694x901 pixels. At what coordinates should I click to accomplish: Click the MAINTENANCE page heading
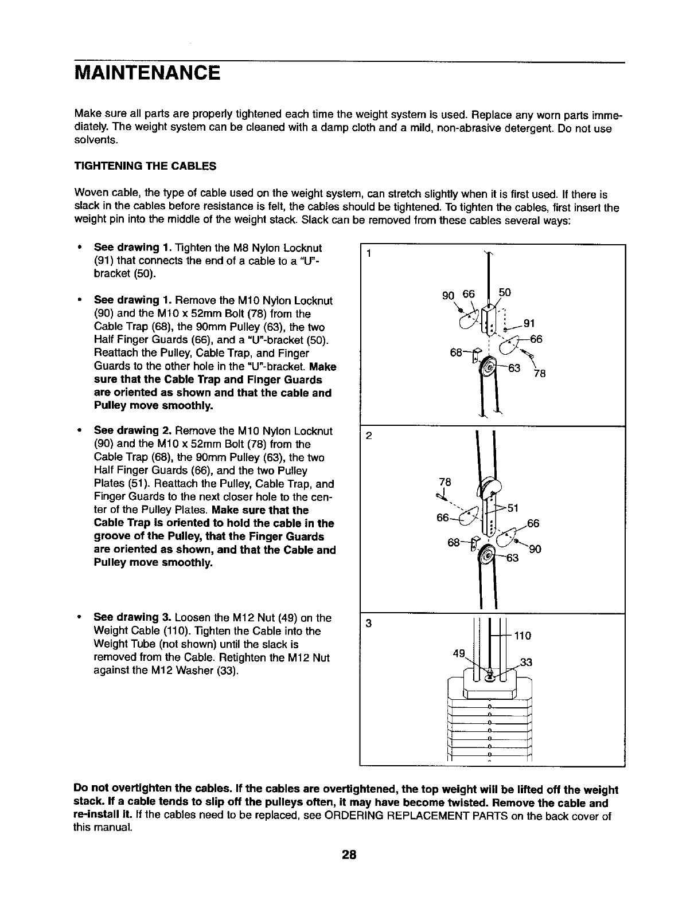point(147,73)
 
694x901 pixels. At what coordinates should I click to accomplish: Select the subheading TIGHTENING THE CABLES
point(146,166)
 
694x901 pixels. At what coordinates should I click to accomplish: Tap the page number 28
point(349,855)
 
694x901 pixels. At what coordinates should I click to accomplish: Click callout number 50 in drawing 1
point(504,292)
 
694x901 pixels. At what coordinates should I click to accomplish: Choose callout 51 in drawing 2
point(513,508)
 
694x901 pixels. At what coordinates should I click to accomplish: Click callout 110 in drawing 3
point(523,636)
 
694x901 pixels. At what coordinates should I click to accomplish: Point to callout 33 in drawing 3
point(526,663)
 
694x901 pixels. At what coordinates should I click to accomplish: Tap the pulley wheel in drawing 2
point(488,555)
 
